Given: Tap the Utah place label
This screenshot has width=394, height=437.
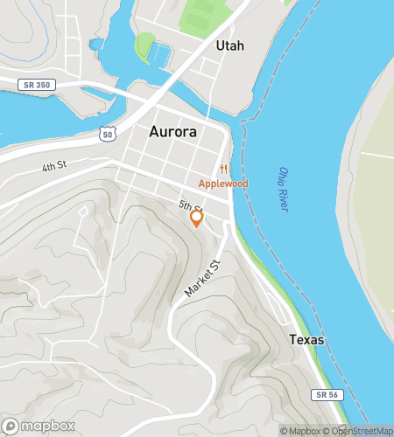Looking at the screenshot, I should click(230, 45).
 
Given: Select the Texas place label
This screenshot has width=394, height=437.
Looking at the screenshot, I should click(307, 339).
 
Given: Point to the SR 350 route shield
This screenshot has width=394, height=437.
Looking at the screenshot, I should click(34, 84).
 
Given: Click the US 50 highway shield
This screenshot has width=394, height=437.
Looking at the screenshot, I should click(107, 135).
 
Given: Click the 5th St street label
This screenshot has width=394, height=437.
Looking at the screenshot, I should click(186, 205).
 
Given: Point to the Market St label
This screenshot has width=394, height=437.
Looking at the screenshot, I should click(201, 276).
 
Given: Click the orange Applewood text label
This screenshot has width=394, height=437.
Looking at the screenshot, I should click(222, 184).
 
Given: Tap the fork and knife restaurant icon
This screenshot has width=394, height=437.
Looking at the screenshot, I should click(224, 169).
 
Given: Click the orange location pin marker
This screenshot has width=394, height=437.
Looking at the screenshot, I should click(197, 218).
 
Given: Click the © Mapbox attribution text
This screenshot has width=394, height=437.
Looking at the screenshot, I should click(300, 431).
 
